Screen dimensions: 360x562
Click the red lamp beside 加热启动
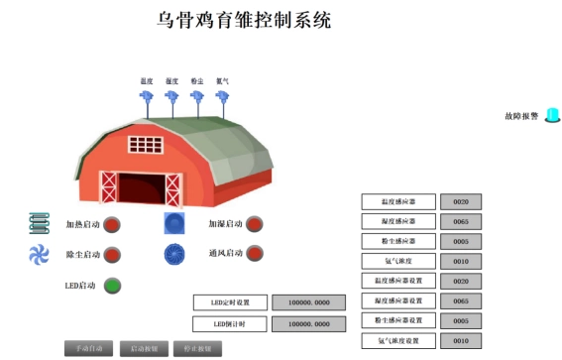pyautogui.click(x=112, y=224)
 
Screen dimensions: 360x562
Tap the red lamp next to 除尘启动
pyautogui.click(x=112, y=255)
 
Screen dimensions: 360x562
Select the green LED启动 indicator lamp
pyautogui.click(x=112, y=286)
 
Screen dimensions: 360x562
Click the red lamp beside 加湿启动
pyautogui.click(x=254, y=224)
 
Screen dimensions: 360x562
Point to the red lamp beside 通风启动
pyautogui.click(x=255, y=253)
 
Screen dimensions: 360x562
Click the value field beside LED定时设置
pyautogui.click(x=308, y=302)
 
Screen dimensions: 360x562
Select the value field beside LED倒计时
pyautogui.click(x=308, y=323)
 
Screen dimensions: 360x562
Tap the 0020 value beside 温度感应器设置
pyautogui.click(x=461, y=281)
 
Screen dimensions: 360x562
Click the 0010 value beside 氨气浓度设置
pyautogui.click(x=461, y=341)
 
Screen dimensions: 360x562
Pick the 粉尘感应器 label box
pyautogui.click(x=398, y=241)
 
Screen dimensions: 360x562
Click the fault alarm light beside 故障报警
pyautogui.click(x=552, y=115)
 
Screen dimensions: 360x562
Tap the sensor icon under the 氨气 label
pyautogui.click(x=223, y=97)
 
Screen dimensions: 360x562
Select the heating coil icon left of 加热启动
pyautogui.click(x=39, y=223)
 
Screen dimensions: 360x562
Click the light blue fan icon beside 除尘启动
pyautogui.click(x=39, y=254)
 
